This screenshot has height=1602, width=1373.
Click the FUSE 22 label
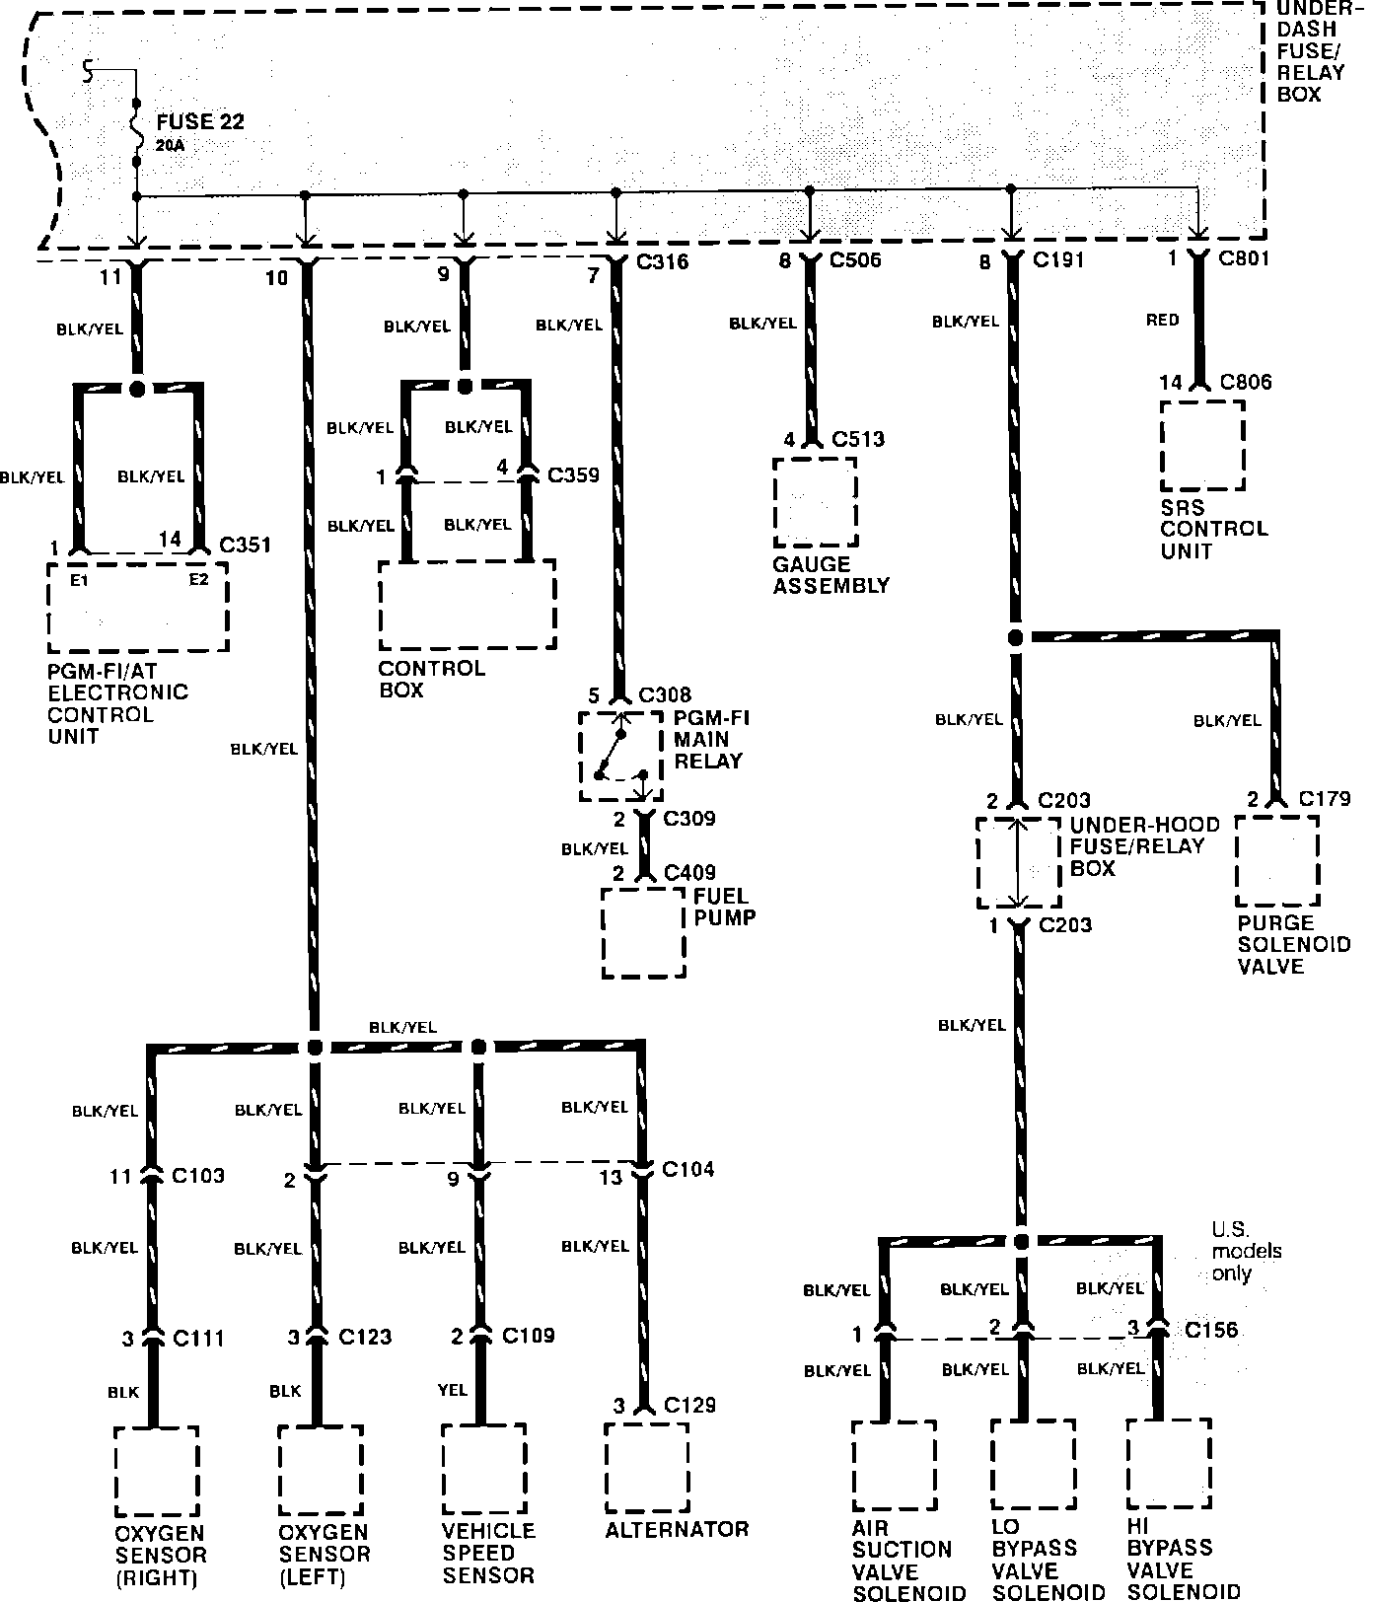tap(200, 122)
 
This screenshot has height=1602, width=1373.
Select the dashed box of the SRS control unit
tap(1201, 446)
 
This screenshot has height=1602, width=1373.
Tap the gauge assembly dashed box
tap(815, 501)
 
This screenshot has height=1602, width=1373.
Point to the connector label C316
tap(663, 261)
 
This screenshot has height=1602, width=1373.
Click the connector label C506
tap(855, 260)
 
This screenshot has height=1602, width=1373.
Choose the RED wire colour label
tap(1163, 320)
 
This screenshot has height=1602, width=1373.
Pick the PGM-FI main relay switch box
tap(619, 757)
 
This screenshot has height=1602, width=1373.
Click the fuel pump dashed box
tap(643, 932)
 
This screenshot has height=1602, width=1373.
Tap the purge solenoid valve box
tap(1277, 860)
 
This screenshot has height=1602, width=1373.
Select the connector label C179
tap(1325, 798)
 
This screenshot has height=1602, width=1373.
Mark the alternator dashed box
tap(646, 1467)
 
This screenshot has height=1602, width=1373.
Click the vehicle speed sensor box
tap(482, 1470)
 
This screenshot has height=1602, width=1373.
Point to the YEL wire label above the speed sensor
tap(453, 1390)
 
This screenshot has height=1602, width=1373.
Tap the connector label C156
tap(1211, 1330)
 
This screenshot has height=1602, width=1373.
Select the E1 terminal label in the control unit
tap(79, 580)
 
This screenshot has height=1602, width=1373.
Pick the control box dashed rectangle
tap(467, 605)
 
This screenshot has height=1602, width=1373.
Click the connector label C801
tap(1244, 258)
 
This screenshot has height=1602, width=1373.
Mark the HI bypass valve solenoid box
tap(1169, 1464)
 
